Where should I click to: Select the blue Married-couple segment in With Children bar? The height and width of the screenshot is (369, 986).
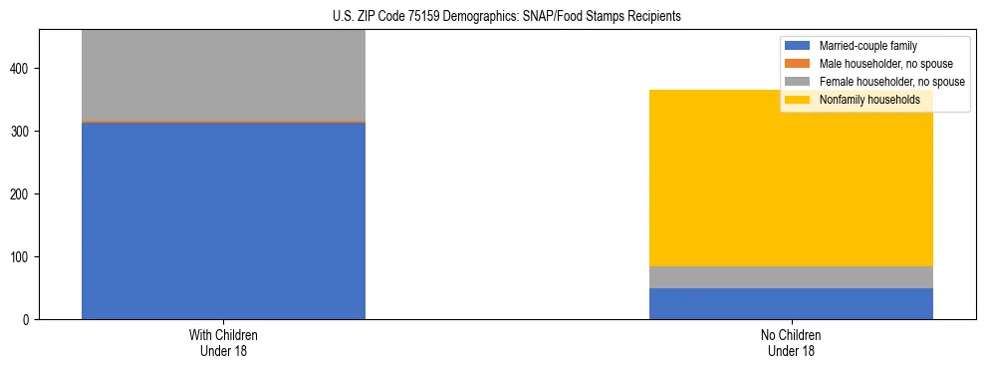coord(223,220)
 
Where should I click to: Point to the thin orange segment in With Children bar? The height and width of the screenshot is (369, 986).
coord(223,121)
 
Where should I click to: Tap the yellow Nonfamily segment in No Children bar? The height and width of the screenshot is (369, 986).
coord(791,179)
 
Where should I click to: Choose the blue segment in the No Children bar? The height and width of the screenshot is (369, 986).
coord(791,303)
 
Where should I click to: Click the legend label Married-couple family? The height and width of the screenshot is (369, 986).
coord(867,46)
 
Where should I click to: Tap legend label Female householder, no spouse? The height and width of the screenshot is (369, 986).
coord(891,82)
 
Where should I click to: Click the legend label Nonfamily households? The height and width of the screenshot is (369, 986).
coord(868,100)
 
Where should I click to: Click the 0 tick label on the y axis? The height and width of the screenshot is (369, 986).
coord(27,320)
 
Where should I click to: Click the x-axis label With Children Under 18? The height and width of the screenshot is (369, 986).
coord(223,343)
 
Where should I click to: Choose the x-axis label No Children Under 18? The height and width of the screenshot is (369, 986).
coord(791,343)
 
